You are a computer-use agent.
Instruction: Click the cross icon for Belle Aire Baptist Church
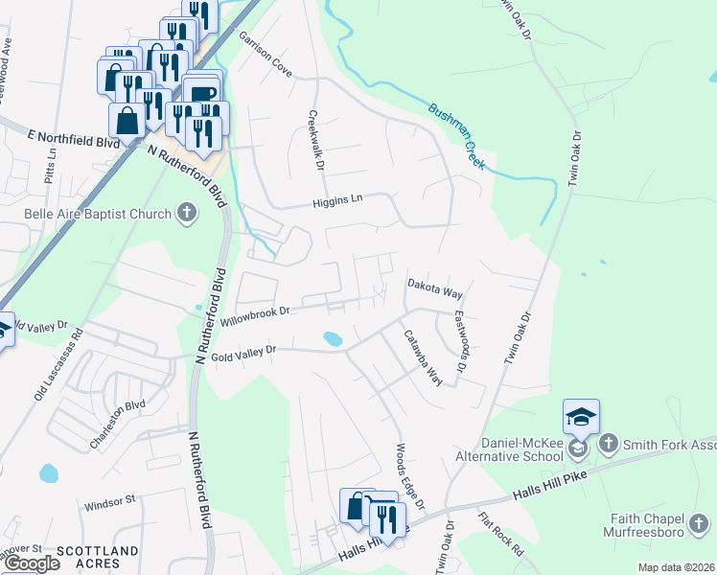[x=187, y=214]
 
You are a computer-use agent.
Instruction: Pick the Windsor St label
[x=110, y=501]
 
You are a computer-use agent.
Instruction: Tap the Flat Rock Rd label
[x=501, y=534]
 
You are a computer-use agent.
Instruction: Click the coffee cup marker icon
[x=203, y=93]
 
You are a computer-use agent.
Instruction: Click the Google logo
[x=32, y=563]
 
